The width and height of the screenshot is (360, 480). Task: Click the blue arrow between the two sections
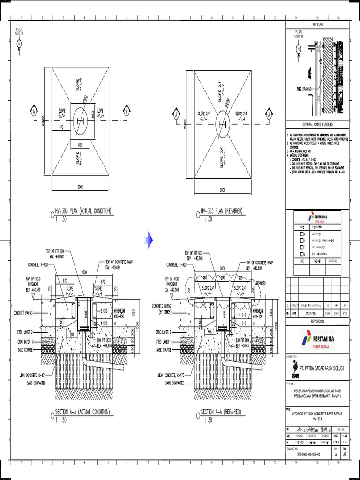click(x=149, y=240)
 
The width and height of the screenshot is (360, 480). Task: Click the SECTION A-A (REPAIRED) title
click(x=221, y=412)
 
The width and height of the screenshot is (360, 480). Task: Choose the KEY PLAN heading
click(x=318, y=24)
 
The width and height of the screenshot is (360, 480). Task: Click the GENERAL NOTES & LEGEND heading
click(x=318, y=125)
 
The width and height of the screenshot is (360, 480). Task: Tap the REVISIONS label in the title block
click(x=318, y=322)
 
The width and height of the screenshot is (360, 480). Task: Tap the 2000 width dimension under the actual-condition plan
click(x=80, y=187)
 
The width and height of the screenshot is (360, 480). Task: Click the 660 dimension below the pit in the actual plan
click(x=80, y=145)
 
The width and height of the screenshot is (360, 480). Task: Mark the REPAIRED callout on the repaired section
click(x=261, y=283)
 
